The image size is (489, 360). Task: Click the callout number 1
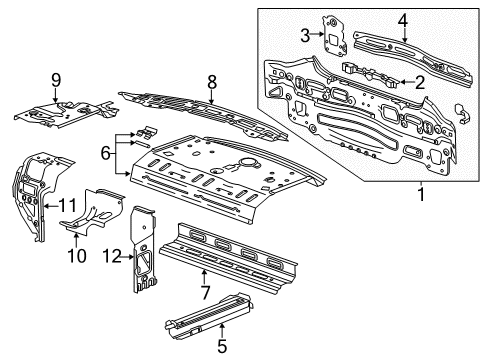coord(421,194)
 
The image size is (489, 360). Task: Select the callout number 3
coord(305,36)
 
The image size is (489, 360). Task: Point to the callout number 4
coord(402,18)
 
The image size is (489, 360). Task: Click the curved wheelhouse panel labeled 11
coord(32,190)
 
